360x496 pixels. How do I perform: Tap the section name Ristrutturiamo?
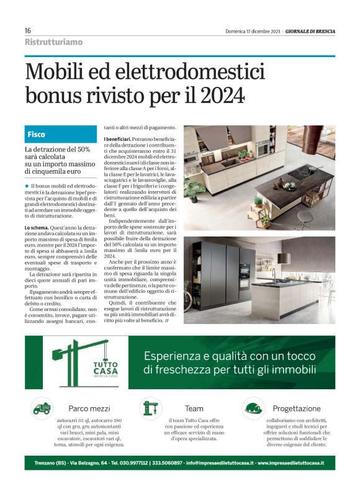(x=53, y=42)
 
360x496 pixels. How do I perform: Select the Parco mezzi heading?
(x=89, y=408)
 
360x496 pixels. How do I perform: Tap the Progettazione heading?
(x=297, y=408)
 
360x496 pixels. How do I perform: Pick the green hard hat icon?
(x=253, y=408)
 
